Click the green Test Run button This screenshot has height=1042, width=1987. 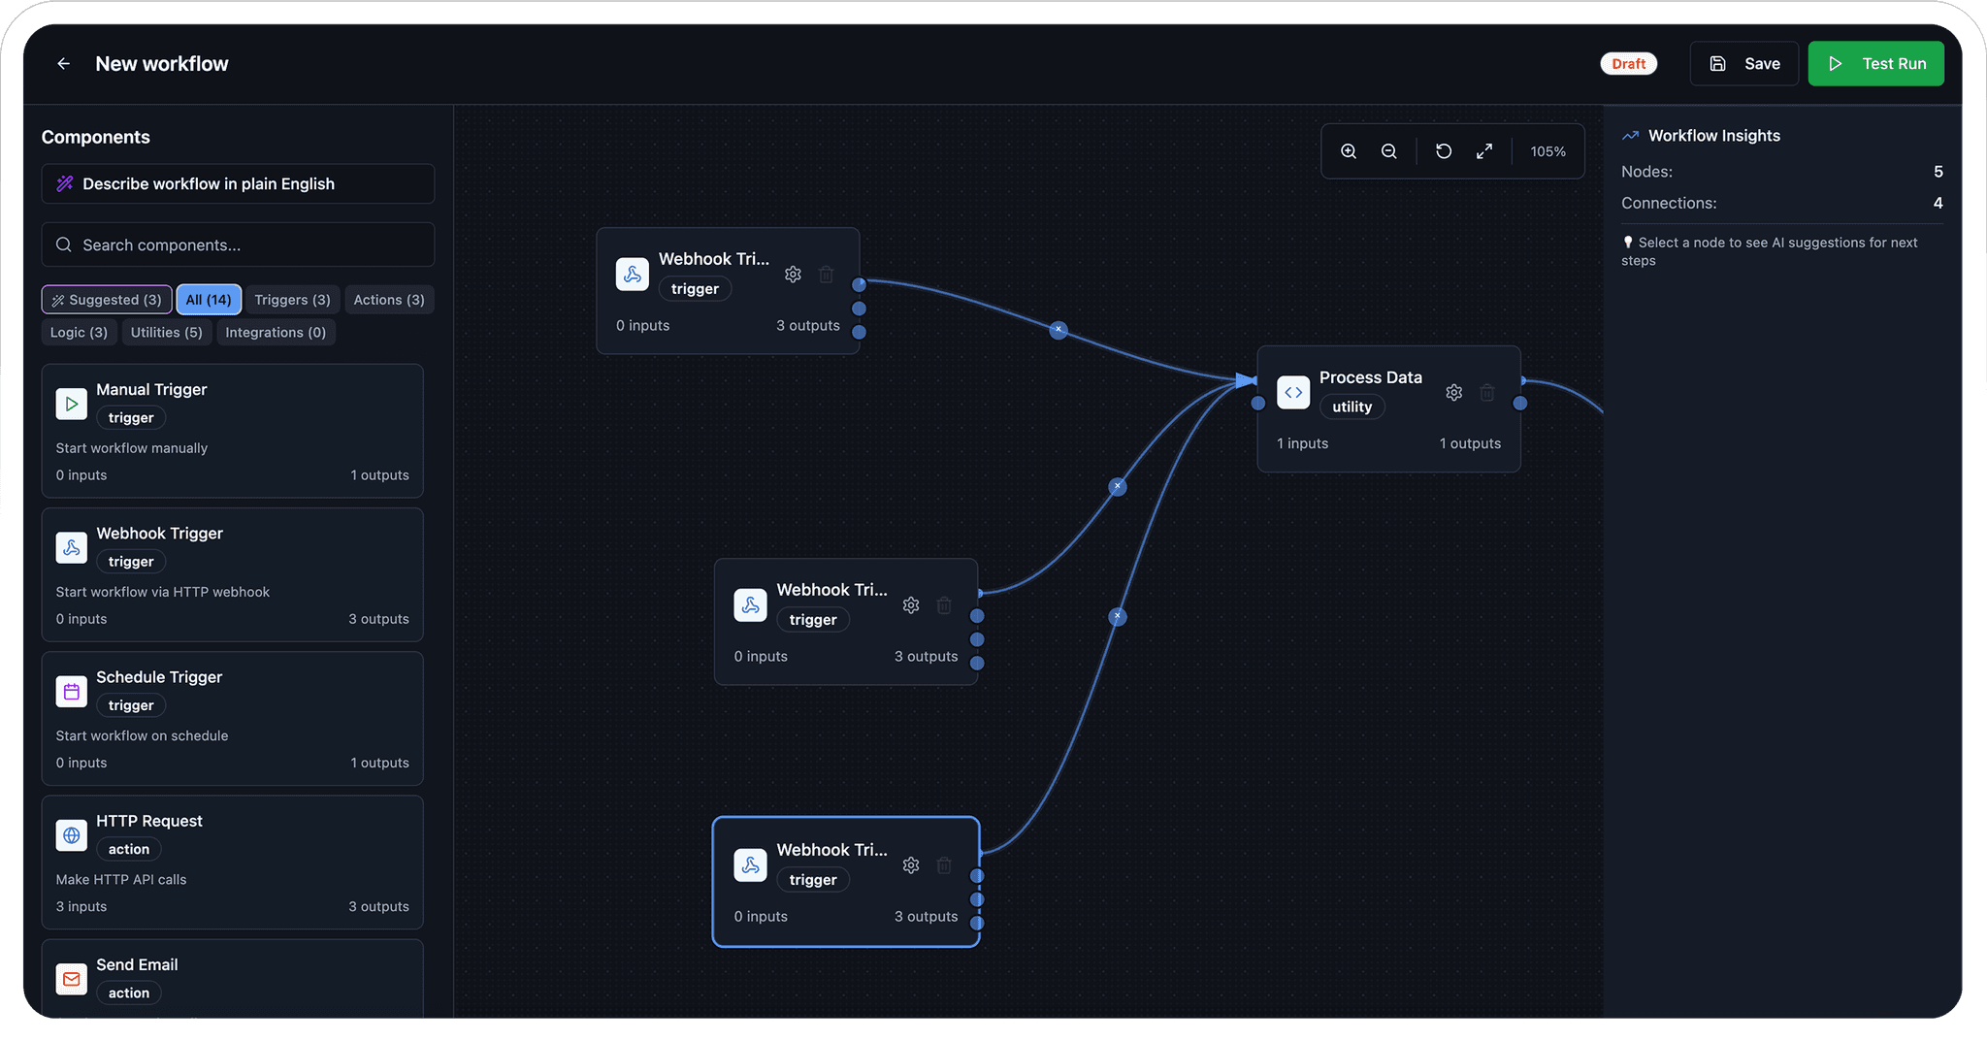pos(1875,64)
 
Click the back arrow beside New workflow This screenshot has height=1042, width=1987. pos(64,64)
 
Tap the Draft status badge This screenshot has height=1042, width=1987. pos(1628,64)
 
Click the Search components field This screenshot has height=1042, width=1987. pos(238,245)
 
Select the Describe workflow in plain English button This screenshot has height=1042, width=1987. pos(238,184)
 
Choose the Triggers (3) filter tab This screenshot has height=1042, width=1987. pos(292,300)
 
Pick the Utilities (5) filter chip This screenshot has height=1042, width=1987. pos(167,333)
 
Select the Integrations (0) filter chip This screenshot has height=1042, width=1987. pos(276,333)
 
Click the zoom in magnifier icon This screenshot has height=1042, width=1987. pos(1349,151)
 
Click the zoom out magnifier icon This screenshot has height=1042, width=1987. pos(1389,151)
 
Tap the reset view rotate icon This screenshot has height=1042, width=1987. pos(1444,151)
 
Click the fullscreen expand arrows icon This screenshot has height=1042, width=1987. pos(1484,151)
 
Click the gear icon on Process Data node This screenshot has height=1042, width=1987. pos(1453,393)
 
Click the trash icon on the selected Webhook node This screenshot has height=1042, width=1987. pos(944,865)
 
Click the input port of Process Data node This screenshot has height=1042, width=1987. pos(1258,403)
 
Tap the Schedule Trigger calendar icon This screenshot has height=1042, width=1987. pos(72,692)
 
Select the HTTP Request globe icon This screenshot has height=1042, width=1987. pos(72,835)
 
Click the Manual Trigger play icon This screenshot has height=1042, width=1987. pos(72,404)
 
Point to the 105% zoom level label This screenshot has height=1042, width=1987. pos(1547,151)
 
